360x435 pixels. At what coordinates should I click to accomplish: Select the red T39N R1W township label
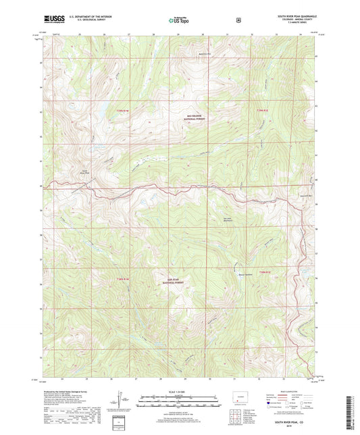point(122,110)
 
